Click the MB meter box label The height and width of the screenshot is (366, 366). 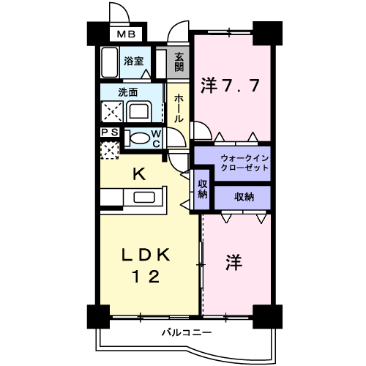126,34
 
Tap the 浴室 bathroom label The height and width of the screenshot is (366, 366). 133,61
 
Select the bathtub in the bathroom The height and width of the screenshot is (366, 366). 110,62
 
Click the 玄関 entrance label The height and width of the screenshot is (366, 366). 179,62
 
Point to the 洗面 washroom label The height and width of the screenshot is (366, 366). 128,92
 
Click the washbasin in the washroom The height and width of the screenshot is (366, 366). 138,112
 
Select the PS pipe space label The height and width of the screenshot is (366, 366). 110,132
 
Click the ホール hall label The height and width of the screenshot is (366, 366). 179,108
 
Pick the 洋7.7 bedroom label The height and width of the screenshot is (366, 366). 230,86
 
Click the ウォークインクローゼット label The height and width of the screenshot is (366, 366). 244,163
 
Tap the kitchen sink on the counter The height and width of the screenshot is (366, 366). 144,197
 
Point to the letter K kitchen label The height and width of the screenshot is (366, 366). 139,174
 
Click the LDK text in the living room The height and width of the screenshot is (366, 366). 146,255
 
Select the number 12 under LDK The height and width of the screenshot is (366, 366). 146,277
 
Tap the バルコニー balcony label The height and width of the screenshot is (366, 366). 187,332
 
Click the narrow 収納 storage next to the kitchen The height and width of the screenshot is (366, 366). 202,189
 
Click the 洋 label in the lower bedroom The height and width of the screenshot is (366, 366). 234,263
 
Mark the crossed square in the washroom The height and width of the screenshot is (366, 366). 112,112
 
